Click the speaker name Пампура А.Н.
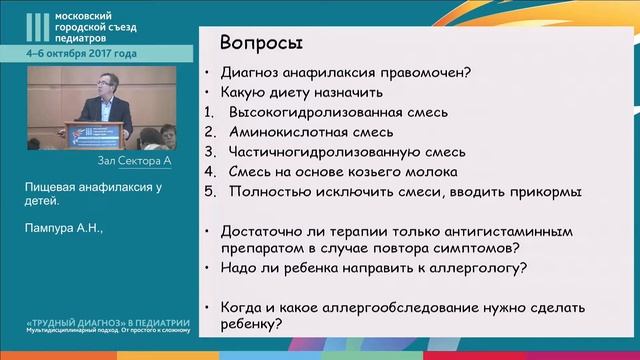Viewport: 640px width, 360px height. (63, 228)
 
